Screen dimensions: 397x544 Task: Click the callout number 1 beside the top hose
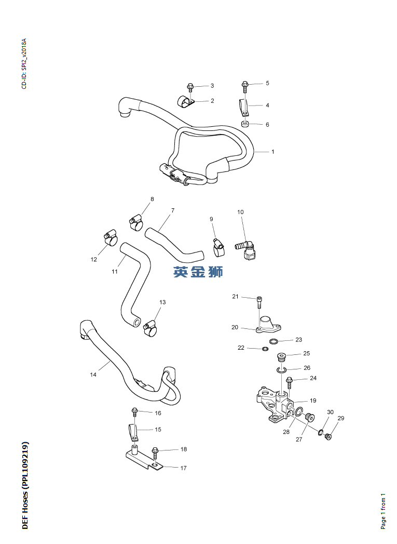click(x=272, y=152)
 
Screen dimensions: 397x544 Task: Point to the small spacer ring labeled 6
click(x=245, y=124)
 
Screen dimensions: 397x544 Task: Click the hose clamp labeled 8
click(x=136, y=222)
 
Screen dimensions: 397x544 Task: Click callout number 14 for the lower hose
click(x=93, y=375)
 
